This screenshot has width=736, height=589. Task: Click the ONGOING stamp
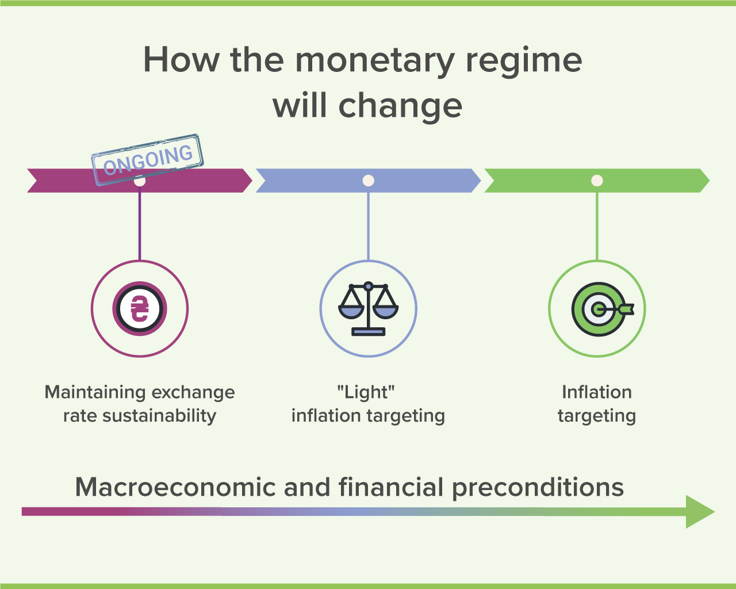tap(147, 160)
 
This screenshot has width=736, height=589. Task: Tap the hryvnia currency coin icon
tap(140, 308)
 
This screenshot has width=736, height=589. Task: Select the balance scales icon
tap(368, 308)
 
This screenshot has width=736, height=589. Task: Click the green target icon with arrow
tap(603, 309)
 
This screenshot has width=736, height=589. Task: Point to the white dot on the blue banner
tap(368, 181)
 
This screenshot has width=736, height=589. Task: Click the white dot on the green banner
tap(597, 181)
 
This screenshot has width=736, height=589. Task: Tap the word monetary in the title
tap(375, 62)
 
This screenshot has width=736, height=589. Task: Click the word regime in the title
tap(524, 62)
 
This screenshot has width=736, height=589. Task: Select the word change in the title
tap(400, 106)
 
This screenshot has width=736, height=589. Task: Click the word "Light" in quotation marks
tap(366, 392)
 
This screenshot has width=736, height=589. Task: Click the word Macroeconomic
tap(175, 487)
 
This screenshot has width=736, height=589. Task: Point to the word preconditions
tap(538, 488)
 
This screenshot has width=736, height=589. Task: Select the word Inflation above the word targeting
tap(597, 392)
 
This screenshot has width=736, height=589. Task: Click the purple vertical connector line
tap(140, 224)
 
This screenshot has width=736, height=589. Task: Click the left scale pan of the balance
tap(351, 311)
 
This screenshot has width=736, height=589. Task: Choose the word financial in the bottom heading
tap(391, 487)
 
